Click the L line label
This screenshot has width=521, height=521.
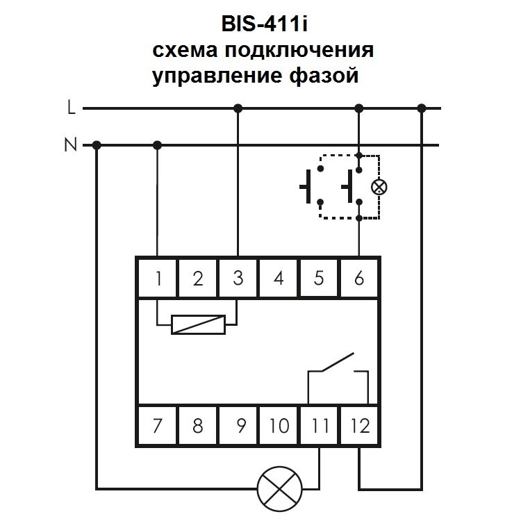coord(71,108)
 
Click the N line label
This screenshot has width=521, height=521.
coord(70,145)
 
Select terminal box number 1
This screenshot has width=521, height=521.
coord(158,279)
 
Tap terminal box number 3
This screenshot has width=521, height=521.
coord(238,279)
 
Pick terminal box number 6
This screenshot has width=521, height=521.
coord(359,279)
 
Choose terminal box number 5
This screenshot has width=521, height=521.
coord(319,279)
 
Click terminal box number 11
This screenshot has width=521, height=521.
coord(319,425)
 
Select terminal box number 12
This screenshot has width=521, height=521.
coord(359,425)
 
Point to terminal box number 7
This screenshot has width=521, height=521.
coord(158,425)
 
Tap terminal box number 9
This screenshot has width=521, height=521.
coord(238,425)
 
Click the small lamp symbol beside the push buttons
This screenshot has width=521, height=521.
coord(379,186)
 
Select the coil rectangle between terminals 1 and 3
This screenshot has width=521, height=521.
coord(198,324)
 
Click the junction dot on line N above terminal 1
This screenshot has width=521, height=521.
coord(158,145)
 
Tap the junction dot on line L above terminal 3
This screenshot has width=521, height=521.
coord(238,108)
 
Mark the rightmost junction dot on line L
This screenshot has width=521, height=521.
coord(422,108)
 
